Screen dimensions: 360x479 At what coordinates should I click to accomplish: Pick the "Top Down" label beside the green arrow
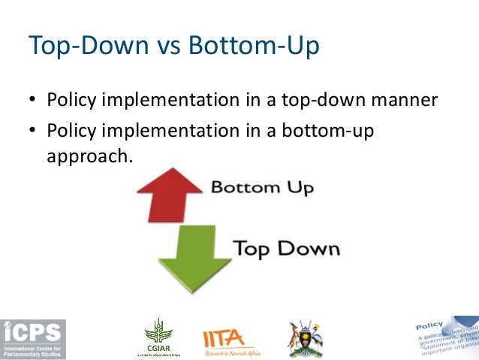click(x=286, y=248)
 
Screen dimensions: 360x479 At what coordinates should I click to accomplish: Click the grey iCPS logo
click(x=33, y=339)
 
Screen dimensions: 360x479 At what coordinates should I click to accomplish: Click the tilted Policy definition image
click(x=447, y=334)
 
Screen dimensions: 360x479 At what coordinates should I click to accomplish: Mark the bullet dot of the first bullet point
click(x=33, y=101)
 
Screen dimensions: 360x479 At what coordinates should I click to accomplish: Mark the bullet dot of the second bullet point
click(x=33, y=132)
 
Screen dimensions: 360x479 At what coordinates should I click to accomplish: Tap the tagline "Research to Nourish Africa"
click(x=233, y=353)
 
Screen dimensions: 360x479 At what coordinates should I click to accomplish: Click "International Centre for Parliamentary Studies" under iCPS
click(x=33, y=352)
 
